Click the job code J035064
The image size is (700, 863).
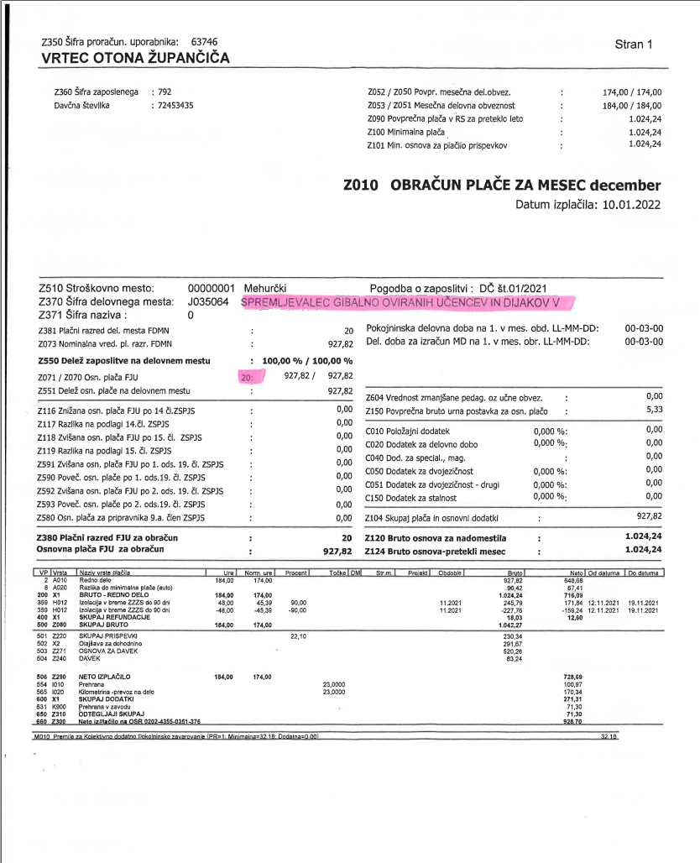[207, 301]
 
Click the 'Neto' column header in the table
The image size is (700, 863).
[574, 572]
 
